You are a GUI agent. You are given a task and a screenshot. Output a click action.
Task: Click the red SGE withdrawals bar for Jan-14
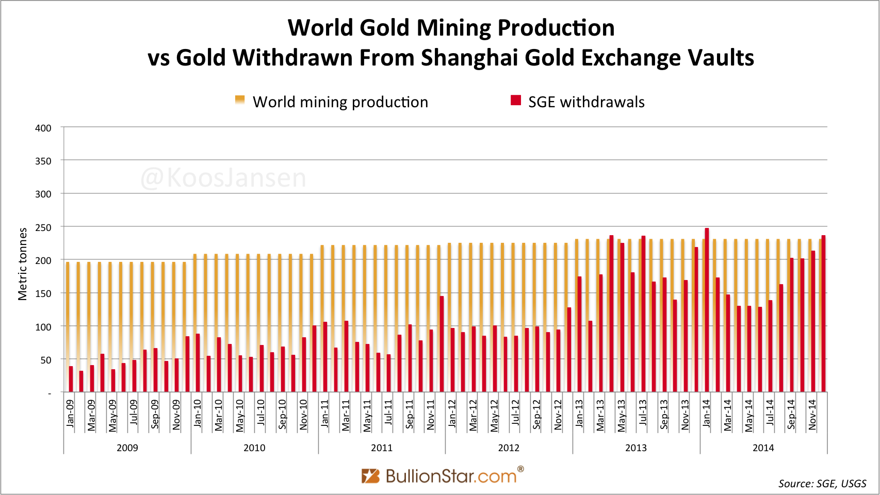point(707,310)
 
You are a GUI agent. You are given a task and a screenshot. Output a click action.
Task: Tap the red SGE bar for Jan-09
point(71,379)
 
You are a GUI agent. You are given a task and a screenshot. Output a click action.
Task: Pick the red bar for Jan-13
point(579,334)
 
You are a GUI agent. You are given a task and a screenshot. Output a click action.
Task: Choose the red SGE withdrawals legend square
point(516,101)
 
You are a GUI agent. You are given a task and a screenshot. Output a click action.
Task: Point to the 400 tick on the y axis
point(43,128)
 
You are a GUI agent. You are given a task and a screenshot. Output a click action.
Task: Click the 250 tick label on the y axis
point(43,227)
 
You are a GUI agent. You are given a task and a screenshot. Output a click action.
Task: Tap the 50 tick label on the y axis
point(46,360)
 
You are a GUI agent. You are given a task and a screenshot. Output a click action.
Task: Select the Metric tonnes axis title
point(23,264)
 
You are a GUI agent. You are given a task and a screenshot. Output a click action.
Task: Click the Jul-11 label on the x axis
point(388,412)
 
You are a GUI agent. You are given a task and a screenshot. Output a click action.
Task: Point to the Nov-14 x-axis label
point(812,415)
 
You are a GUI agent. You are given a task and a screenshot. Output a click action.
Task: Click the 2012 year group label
point(509,448)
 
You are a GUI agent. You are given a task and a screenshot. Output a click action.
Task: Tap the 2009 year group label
point(127,448)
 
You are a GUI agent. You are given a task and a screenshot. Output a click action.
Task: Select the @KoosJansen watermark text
point(223,178)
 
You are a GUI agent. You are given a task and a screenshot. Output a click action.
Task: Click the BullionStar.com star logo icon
point(370,475)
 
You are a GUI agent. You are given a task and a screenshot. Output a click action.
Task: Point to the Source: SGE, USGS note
point(822,483)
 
